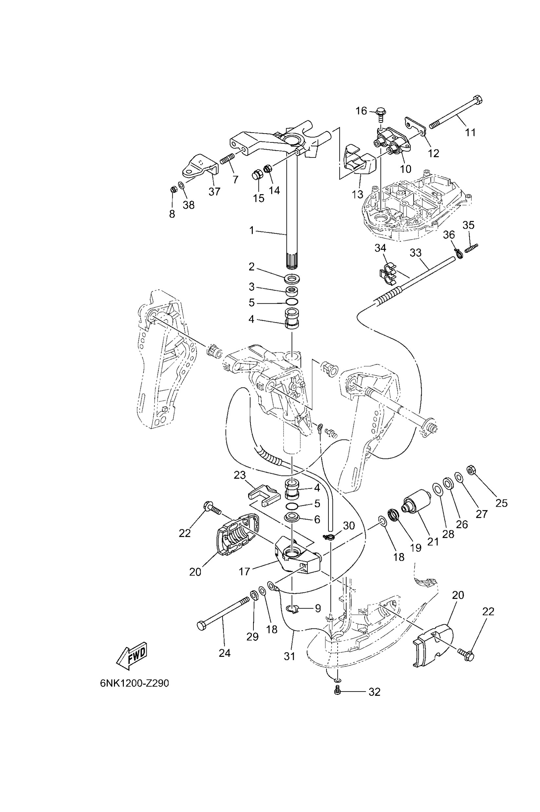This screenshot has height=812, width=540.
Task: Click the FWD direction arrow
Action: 132,656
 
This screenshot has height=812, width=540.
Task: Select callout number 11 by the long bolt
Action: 471,133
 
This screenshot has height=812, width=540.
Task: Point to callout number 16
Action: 361,111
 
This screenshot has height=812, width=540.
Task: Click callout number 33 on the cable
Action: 416,253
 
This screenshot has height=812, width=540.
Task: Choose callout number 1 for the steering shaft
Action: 252,230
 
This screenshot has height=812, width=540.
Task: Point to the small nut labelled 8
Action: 174,189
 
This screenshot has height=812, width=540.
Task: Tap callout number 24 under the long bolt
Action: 225,653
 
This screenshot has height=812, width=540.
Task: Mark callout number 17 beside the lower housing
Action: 244,572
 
